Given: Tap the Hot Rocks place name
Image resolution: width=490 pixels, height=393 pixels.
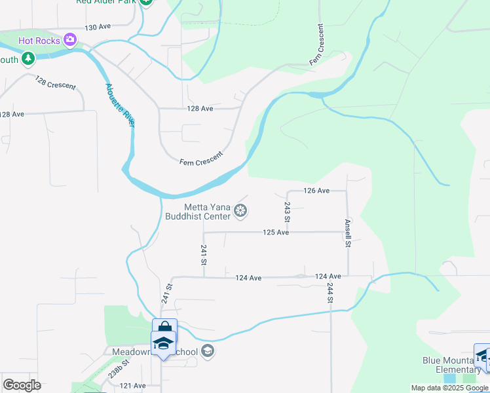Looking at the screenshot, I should click(39, 41).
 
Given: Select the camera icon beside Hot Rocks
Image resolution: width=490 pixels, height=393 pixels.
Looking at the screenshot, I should click(70, 41).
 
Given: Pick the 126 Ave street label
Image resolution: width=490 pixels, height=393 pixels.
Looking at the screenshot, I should click(316, 191).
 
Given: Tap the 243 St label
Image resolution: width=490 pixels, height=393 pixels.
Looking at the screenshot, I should click(287, 212).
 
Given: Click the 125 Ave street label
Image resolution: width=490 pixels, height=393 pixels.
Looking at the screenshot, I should click(276, 233).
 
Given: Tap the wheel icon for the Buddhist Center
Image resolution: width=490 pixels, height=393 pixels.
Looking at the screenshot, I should click(240, 211).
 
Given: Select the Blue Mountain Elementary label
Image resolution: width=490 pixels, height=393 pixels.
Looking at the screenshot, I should click(451, 365).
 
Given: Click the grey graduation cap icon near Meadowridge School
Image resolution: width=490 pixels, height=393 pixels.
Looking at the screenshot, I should click(208, 352).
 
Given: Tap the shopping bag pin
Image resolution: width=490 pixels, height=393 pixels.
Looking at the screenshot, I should click(164, 327).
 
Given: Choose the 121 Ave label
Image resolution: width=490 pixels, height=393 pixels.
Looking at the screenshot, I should click(132, 386).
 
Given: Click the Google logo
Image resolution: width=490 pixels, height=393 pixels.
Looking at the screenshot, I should click(22, 385).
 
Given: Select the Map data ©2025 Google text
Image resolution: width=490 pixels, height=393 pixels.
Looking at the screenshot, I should click(449, 388).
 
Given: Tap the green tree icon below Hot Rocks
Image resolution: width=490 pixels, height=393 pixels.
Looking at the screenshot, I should click(28, 59).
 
